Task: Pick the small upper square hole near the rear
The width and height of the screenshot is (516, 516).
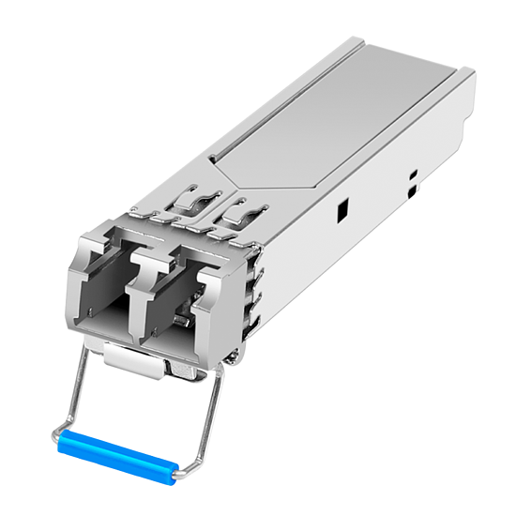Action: point(411,175)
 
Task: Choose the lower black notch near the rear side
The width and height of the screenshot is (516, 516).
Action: point(414,192)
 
